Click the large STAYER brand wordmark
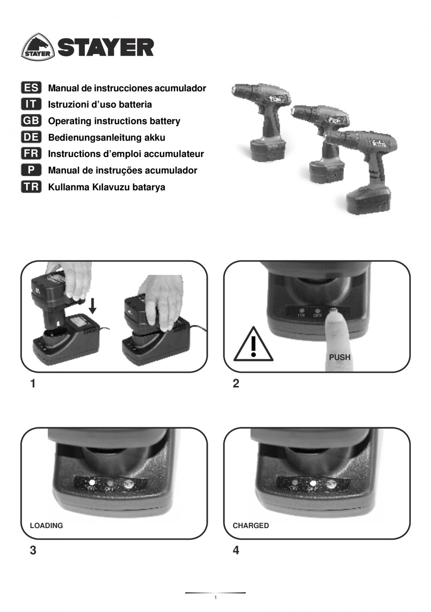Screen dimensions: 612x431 tap(105, 47)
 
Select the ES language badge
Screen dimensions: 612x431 tap(31, 88)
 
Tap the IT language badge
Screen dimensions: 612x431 tap(31, 104)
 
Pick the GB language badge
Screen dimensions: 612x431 tap(31, 121)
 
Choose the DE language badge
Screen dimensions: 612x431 tap(31, 137)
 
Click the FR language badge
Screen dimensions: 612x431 tap(31, 153)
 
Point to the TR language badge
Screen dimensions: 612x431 tap(31, 187)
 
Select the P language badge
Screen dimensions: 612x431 tap(31, 170)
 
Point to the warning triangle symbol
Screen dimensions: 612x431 tap(253, 346)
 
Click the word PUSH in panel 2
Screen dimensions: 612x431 tap(340, 357)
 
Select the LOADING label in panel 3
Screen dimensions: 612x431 tap(46, 526)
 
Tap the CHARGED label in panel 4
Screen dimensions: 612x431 tap(251, 526)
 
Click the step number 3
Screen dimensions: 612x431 tap(33, 551)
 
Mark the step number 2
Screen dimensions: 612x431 tap(236, 384)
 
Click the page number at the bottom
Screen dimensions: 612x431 tap(215, 598)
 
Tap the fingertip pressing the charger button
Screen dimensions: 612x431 tap(334, 315)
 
